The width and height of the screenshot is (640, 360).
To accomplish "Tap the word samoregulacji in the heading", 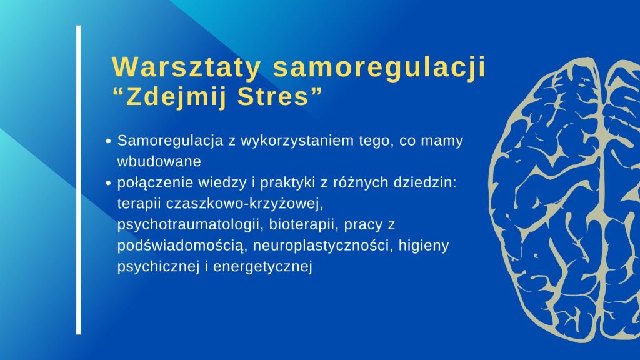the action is (379, 67).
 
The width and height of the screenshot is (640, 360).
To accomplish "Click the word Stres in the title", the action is (272, 97).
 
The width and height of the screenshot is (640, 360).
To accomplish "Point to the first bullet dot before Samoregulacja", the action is (108, 141).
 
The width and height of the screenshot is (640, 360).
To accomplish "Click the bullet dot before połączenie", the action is (108, 183).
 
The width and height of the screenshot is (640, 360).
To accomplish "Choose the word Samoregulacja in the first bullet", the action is (170, 141).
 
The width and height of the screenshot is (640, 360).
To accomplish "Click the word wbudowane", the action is (159, 161).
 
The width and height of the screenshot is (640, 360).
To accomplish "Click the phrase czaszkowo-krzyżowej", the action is (244, 204).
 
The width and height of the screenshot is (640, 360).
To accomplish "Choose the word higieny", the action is (424, 246).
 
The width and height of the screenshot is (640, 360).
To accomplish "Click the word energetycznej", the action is (263, 267).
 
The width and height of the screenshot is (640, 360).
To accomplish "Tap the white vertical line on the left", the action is (78, 180).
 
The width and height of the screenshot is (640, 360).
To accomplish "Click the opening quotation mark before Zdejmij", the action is (117, 91).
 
